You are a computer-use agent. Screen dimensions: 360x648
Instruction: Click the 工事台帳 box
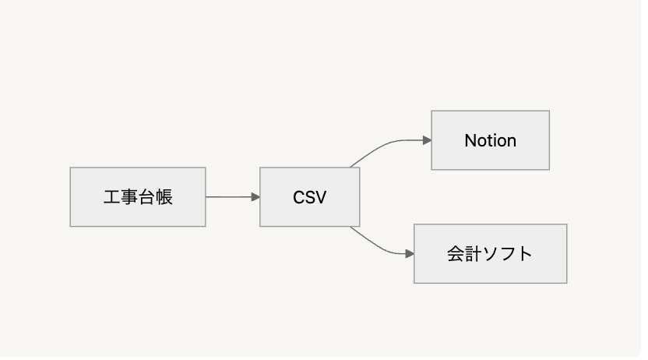137,196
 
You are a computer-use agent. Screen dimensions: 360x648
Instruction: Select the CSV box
309,196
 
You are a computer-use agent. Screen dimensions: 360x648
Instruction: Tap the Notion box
490,140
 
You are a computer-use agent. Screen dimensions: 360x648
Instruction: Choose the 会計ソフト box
490,253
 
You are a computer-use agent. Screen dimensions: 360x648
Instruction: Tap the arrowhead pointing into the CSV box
255,197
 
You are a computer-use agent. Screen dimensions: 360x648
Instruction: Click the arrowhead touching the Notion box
427,140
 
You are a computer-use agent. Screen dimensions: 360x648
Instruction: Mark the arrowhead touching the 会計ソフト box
410,253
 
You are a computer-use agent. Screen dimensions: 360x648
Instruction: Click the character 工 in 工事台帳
111,197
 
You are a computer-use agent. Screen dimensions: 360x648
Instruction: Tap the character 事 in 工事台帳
129,197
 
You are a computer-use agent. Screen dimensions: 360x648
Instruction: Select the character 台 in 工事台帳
146,197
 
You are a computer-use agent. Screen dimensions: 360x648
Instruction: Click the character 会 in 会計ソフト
456,254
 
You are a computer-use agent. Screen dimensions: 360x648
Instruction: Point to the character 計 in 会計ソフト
473,254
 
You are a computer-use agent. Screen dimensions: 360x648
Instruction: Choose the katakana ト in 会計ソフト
525,254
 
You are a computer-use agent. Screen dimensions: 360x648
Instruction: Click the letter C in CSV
298,198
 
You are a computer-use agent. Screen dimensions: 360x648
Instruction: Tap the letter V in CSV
320,198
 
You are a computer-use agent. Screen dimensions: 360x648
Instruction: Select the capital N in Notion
470,141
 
